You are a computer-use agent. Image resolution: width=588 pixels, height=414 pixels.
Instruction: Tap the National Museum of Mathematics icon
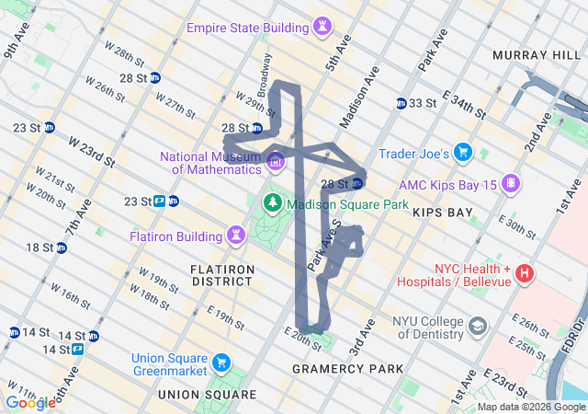click(275, 163)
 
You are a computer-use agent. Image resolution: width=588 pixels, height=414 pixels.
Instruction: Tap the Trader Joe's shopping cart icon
click(463, 153)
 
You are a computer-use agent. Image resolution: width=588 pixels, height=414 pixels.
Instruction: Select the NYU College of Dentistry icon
click(478, 326)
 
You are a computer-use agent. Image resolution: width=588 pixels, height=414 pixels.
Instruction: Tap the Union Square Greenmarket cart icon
click(220, 362)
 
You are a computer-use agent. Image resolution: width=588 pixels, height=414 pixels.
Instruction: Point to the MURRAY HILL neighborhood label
click(530, 56)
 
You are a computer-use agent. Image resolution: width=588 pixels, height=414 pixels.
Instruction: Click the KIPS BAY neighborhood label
click(443, 213)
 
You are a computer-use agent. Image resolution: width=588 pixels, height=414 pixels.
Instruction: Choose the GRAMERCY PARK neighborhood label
click(347, 369)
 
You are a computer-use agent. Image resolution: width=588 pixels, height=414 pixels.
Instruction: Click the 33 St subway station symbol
click(401, 103)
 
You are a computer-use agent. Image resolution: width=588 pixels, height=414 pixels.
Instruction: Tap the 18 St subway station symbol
click(61, 247)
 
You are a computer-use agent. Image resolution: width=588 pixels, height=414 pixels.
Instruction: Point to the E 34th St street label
click(465, 104)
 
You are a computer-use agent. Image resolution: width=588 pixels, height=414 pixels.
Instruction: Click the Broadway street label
click(265, 75)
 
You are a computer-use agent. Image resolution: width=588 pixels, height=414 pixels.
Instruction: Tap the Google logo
click(30, 402)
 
